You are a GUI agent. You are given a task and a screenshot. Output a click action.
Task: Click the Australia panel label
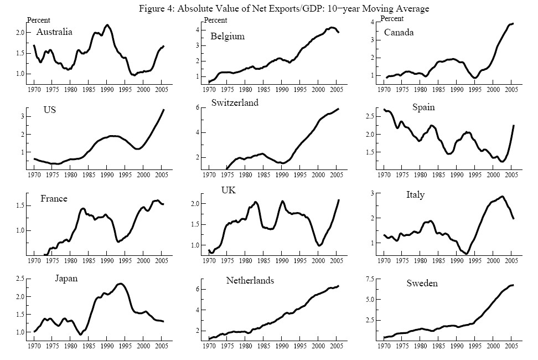54,32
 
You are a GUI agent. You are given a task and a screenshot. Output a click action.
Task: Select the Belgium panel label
227,37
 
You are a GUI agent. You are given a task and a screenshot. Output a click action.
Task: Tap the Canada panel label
399,33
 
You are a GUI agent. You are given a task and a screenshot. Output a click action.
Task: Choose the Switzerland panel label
235,103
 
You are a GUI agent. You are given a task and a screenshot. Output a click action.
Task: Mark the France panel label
54,199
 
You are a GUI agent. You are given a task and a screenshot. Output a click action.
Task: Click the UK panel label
229,191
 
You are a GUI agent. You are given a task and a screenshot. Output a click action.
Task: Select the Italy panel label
416,195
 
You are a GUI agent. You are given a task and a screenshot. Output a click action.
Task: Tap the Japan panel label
66,279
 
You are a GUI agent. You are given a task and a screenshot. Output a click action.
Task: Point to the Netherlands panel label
250,281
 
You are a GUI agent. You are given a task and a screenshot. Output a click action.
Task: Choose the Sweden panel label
422,284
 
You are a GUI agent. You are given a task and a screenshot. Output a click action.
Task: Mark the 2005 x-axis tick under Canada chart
511,89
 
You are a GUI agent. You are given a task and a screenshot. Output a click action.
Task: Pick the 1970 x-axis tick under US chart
34,176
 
